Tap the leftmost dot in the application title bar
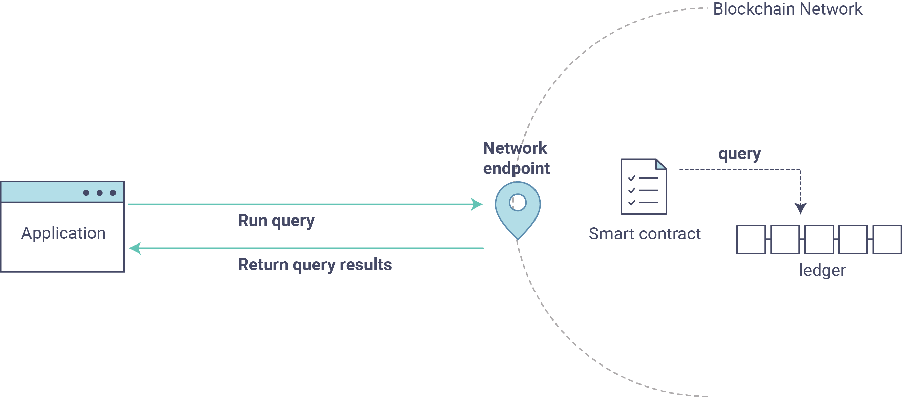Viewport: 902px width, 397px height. (x=86, y=193)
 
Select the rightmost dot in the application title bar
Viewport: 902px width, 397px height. (x=113, y=193)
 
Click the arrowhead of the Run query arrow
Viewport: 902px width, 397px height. (x=477, y=204)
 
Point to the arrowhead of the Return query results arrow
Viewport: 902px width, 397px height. (x=135, y=248)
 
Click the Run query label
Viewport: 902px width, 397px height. (x=276, y=221)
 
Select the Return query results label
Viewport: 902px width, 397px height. (x=315, y=265)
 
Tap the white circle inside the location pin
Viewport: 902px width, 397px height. (x=518, y=202)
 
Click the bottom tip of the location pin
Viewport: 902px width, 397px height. (x=518, y=239)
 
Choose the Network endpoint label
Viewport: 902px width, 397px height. (x=516, y=158)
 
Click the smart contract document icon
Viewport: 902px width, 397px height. (x=644, y=186)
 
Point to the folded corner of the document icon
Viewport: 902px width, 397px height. (x=661, y=164)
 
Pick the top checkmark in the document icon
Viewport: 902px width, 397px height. (x=632, y=178)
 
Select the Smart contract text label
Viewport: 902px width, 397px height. (x=645, y=234)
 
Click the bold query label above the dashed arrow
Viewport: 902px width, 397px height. (x=739, y=154)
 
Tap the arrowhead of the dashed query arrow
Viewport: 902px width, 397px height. (x=800, y=208)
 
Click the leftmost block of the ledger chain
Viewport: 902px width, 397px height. (x=751, y=239)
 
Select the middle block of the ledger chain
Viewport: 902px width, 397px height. (x=819, y=239)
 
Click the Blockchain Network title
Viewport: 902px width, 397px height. (x=788, y=9)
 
